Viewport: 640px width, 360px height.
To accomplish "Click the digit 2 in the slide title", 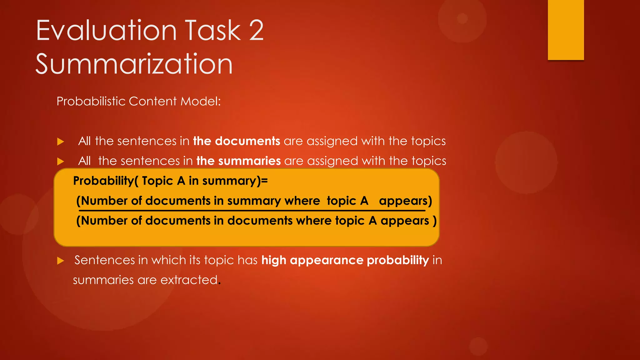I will [256, 30].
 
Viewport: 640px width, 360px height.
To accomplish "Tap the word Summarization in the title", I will [134, 64].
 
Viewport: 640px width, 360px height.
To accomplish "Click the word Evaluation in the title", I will [107, 30].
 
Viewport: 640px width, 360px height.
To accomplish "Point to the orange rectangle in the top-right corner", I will [566, 30].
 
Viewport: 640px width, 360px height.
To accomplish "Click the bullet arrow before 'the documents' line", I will [61, 142].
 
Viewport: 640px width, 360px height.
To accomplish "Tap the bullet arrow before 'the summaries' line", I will [61, 162].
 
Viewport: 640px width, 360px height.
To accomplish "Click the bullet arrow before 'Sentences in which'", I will [61, 261].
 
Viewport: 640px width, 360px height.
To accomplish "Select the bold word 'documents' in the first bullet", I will [247, 141].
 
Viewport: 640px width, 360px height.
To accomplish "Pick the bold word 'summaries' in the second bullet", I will [249, 161].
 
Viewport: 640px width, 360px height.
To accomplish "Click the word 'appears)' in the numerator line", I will [405, 201].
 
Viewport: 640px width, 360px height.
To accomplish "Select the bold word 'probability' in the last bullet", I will [397, 260].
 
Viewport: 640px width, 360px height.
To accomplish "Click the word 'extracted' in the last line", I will [189, 280].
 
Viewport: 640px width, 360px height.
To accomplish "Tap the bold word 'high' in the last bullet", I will [274, 260].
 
